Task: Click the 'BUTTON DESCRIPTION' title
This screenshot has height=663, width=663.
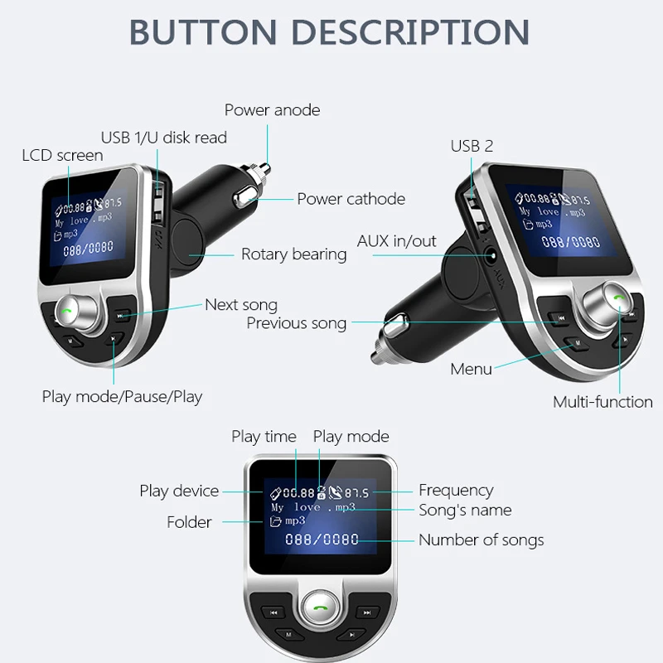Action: (x=329, y=31)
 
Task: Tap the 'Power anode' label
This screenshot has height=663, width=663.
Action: (x=273, y=110)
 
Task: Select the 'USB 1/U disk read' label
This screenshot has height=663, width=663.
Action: (x=164, y=138)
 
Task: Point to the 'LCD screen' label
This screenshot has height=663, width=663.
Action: (x=63, y=155)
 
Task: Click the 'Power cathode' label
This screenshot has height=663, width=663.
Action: (x=351, y=199)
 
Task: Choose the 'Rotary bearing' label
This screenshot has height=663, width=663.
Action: (x=294, y=254)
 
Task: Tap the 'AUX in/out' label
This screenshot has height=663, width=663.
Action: (x=397, y=241)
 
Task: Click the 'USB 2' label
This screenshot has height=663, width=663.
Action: (x=472, y=146)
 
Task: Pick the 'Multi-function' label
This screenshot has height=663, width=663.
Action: (x=603, y=402)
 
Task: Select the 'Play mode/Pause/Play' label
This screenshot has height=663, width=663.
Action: (x=122, y=397)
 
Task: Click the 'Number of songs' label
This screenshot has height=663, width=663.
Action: (x=482, y=540)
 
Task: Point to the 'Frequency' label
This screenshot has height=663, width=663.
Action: (x=456, y=491)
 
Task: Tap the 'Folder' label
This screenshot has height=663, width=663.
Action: (x=189, y=522)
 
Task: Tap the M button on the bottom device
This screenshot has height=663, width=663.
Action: (x=288, y=634)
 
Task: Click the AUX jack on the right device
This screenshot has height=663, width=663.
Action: (x=491, y=256)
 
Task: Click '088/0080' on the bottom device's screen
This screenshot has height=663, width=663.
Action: (x=322, y=540)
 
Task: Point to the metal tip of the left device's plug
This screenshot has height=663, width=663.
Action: (x=265, y=169)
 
